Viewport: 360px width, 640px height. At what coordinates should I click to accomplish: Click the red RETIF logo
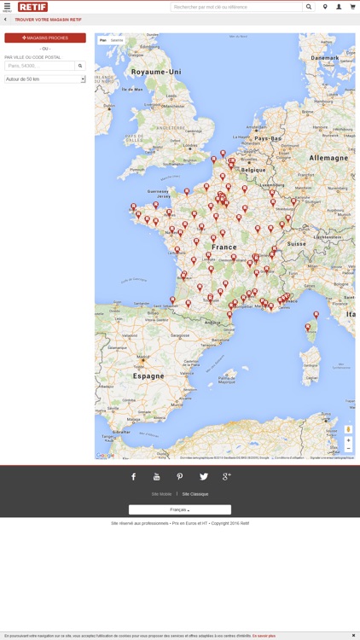coord(33,7)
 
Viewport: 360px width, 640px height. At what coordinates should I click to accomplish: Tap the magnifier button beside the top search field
coord(309,7)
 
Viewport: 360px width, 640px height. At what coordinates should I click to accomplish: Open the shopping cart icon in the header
coord(352,7)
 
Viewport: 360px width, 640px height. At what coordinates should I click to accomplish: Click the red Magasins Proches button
coord(45,38)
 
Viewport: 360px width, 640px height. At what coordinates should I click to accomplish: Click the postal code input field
coord(40,66)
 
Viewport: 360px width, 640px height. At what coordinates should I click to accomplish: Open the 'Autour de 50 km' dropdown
coord(45,79)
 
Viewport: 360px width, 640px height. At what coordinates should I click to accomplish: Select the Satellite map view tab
coord(117,40)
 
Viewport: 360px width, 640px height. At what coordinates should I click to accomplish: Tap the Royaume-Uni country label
coord(151,73)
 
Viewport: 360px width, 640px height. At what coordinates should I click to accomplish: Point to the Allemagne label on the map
coord(328,158)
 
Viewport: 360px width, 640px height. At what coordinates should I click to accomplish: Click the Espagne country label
coord(148,375)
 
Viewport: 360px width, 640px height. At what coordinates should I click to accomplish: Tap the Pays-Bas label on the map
coord(268,138)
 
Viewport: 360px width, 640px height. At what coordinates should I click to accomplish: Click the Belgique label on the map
coord(254,170)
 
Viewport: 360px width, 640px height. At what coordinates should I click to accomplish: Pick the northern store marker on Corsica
coord(316,314)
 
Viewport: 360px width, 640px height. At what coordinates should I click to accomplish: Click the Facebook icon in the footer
coord(133,477)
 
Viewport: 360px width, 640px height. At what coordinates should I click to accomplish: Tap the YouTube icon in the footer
coord(156,477)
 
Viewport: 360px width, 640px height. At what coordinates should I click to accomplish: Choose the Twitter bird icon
coord(203,477)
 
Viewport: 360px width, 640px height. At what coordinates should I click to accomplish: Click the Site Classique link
coord(195,494)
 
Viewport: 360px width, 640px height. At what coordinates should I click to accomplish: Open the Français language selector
coord(179,509)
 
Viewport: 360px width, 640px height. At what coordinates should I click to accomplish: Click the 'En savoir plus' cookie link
coord(264,636)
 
